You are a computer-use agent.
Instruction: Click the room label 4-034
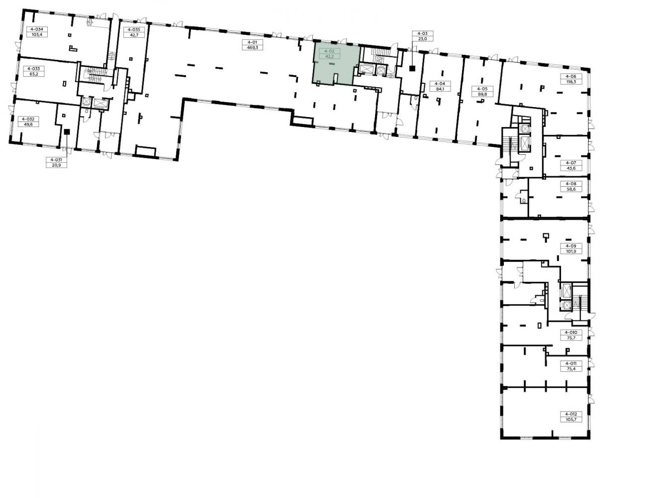pos(37,29)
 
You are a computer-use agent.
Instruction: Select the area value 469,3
pos(253,47)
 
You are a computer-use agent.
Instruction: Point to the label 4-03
pos(422,33)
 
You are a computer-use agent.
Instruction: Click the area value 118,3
pos(571,82)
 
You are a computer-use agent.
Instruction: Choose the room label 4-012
pos(571,414)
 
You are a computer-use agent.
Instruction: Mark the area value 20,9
pos(56,165)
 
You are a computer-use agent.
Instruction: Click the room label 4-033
pos(34,69)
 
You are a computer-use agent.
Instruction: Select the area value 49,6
pos(28,124)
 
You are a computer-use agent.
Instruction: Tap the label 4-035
pos(134,30)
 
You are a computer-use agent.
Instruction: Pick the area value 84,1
pos(440,89)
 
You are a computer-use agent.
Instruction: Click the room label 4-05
pos(482,89)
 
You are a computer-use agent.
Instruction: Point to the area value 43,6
pos(571,168)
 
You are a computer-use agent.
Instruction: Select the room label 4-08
pos(571,184)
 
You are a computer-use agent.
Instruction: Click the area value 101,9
pos(571,251)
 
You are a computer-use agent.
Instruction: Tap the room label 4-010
pos(571,332)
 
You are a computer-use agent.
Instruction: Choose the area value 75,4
pos(571,369)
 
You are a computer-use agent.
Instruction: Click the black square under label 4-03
pos(412,69)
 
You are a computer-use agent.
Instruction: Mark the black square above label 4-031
pos(67,131)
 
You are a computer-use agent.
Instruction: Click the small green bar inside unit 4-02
pos(332,64)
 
